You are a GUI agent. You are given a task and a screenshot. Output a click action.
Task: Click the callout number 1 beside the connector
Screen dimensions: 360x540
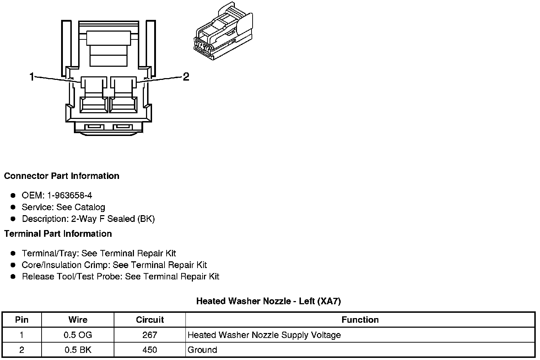tap(32, 77)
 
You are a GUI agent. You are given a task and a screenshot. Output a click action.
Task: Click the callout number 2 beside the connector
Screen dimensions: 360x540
tap(186, 77)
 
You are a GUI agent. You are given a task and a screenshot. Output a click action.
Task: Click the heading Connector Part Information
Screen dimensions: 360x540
tap(61, 176)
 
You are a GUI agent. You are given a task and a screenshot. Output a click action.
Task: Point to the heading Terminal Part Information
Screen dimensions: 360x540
tap(58, 234)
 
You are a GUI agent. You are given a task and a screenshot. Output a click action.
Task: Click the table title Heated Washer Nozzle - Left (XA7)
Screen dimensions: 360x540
tap(269, 301)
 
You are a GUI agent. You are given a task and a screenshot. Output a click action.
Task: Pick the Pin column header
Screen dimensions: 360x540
tap(22, 320)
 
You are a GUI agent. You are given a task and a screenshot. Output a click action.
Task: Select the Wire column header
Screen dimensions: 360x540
tap(78, 320)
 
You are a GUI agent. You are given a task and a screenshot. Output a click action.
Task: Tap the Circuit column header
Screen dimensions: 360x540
tap(150, 320)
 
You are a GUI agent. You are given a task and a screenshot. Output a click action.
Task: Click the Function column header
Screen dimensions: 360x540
tap(360, 320)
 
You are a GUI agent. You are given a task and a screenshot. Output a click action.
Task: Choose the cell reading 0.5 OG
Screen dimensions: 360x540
tap(78, 335)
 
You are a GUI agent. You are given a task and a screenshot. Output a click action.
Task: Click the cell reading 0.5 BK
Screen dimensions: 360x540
tap(78, 350)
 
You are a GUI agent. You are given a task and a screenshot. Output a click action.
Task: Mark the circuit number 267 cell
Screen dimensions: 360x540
tap(150, 335)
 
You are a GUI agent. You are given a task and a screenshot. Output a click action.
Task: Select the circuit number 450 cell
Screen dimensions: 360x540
tap(150, 350)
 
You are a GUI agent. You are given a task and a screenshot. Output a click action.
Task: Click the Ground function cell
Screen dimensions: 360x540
tap(202, 350)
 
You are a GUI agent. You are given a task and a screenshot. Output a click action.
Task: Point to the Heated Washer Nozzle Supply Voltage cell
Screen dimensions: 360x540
tap(264, 335)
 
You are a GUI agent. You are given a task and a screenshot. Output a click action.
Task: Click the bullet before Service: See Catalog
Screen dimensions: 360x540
tap(13, 207)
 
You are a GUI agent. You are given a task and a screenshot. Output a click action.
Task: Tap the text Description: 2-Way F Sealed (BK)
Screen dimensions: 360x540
tap(88, 219)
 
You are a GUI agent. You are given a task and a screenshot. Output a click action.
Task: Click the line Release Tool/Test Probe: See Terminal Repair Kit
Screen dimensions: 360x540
tap(120, 277)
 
